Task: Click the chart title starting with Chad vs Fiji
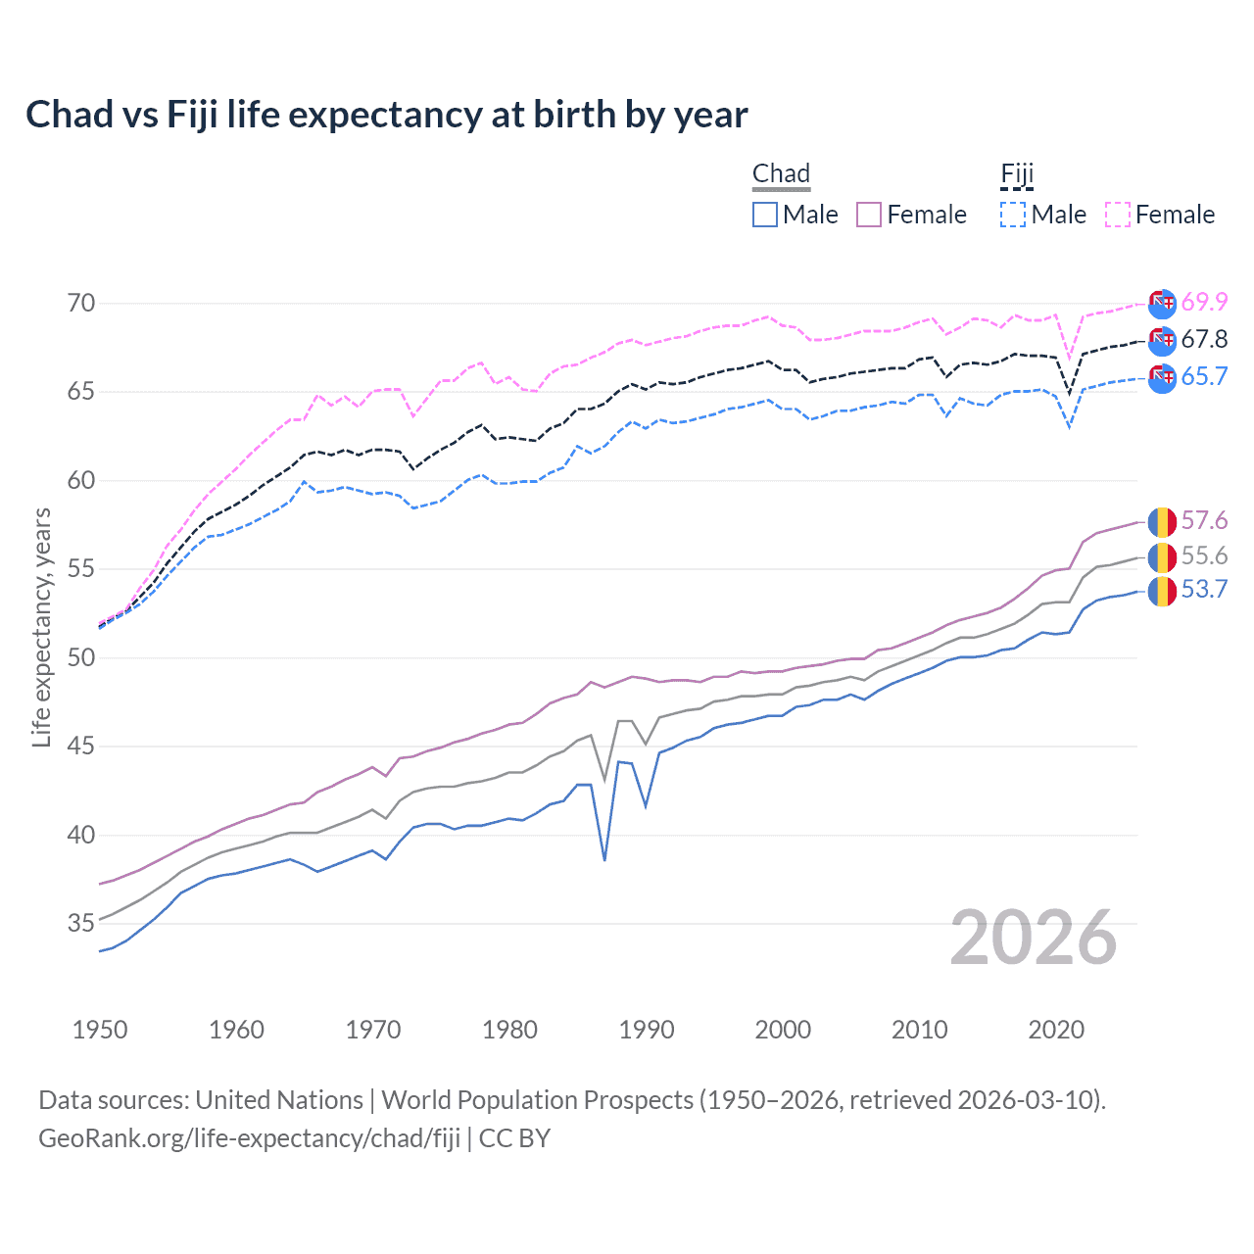coord(386,115)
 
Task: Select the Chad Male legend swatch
coord(765,215)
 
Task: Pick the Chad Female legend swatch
coord(869,215)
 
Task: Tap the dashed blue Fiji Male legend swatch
coord(1013,215)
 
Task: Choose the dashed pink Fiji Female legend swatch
coord(1118,215)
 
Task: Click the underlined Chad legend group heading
coord(781,174)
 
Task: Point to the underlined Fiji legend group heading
coord(1017,174)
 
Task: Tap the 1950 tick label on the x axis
coord(100,1030)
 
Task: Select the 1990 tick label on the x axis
coord(647,1030)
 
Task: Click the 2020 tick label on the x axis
coord(1056,1030)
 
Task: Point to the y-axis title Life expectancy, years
coord(41,627)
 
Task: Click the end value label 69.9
coord(1204,303)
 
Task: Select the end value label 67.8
coord(1204,340)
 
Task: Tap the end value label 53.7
coord(1204,590)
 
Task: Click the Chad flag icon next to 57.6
coord(1162,521)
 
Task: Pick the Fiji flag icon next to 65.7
coord(1162,378)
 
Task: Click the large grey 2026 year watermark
coord(1034,938)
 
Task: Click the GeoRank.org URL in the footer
coord(249,1138)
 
